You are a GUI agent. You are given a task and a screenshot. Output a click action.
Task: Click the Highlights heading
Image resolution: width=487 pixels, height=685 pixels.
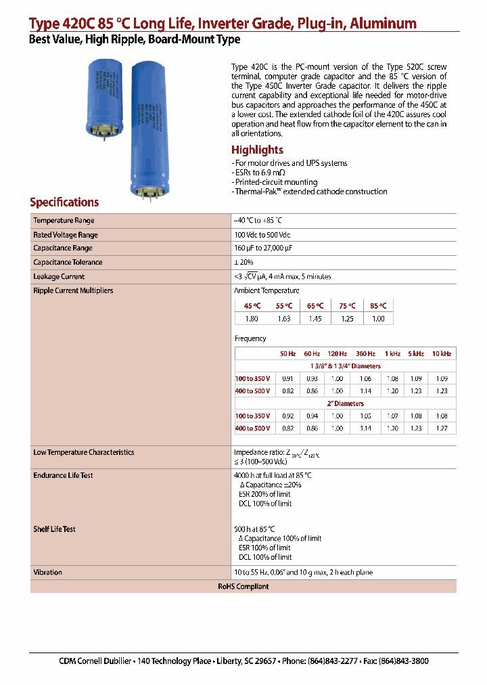(x=257, y=150)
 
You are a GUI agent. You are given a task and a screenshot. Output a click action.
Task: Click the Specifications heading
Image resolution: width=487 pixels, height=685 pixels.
(x=64, y=202)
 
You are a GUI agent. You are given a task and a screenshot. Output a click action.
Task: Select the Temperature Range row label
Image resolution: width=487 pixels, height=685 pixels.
(x=64, y=221)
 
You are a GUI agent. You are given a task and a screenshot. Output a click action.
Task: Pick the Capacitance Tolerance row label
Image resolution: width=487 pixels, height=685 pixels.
(x=68, y=263)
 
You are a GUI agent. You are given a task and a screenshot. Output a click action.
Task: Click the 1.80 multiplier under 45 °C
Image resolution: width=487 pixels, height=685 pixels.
(x=251, y=319)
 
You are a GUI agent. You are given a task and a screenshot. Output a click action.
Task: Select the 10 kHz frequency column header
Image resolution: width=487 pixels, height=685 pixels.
(x=441, y=354)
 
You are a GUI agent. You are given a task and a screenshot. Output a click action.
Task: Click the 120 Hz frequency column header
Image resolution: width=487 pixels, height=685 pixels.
(x=336, y=354)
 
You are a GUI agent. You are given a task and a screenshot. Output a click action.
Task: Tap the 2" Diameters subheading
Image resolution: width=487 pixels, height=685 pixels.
(x=346, y=403)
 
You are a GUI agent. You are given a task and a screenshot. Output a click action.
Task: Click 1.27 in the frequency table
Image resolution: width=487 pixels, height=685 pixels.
(x=441, y=428)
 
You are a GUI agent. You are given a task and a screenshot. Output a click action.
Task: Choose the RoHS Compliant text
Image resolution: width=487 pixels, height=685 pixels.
(x=243, y=586)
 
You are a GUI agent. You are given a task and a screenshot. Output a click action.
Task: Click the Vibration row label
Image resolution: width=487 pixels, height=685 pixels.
(x=47, y=573)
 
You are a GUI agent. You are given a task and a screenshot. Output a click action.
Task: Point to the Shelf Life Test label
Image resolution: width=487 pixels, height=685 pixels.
(x=54, y=529)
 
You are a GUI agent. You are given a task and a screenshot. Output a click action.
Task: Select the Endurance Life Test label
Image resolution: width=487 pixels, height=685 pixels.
(x=63, y=476)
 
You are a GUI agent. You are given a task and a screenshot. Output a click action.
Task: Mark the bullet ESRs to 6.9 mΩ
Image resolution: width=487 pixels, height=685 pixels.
(x=261, y=173)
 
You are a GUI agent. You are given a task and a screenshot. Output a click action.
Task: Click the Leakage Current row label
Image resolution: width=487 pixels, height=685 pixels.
(x=59, y=277)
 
